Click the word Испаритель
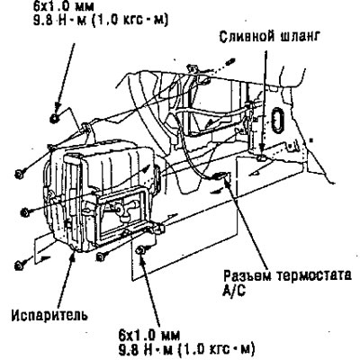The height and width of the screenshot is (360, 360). (x=49, y=315)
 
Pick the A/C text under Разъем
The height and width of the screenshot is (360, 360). (x=234, y=291)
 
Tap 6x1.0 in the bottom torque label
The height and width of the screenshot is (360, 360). (x=133, y=335)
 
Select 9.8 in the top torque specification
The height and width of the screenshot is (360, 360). (x=42, y=21)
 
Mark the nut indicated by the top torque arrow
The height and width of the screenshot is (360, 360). (x=54, y=119)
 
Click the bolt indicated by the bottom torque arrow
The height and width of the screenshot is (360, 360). (x=140, y=250)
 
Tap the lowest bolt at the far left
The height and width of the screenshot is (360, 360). (x=19, y=265)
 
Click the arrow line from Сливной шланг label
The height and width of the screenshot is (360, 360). (x=264, y=102)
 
